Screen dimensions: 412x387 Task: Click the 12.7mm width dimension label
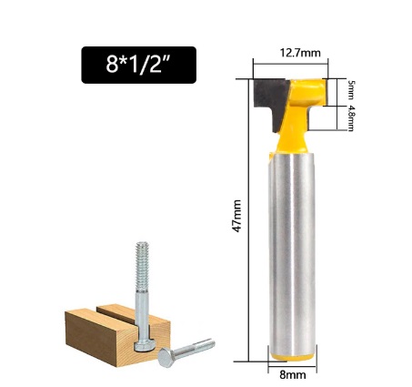(x=300, y=53)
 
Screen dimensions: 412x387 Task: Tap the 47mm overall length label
(x=236, y=216)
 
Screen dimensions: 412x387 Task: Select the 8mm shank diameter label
(x=292, y=374)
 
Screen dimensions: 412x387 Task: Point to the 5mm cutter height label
(x=351, y=90)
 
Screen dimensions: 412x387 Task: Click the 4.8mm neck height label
(x=351, y=118)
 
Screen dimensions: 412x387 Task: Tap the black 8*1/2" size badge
(x=139, y=65)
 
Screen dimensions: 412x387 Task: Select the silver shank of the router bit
(x=292, y=253)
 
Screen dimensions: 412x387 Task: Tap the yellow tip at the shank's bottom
(x=292, y=357)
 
